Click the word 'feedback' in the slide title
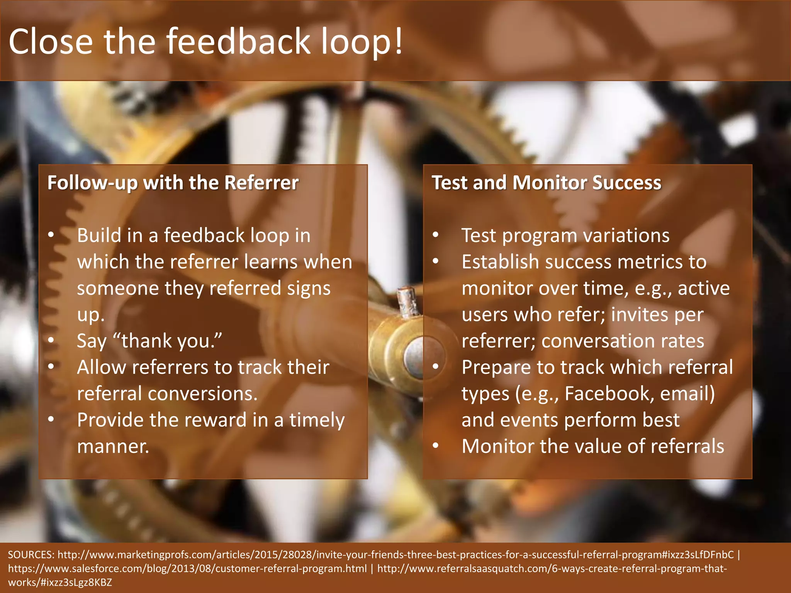pos(238,41)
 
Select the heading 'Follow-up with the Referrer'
pos(173,183)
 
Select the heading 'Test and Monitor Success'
pos(546,183)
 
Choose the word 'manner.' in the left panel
pos(113,446)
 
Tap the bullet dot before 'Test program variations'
pos(436,235)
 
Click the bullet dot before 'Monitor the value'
pos(436,446)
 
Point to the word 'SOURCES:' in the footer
pos(31,555)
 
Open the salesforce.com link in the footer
pos(187,569)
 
